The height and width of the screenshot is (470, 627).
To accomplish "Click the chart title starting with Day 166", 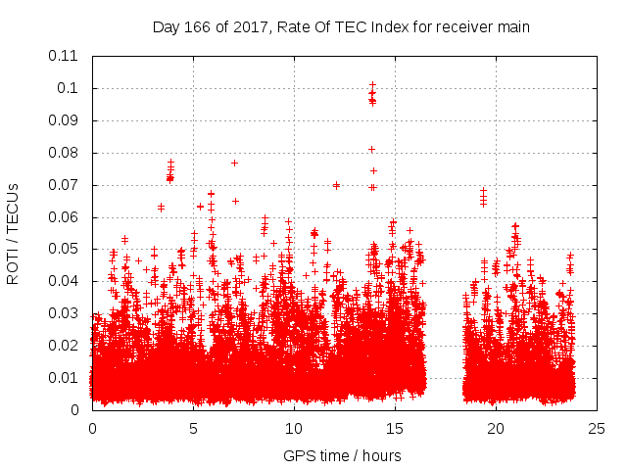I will [x=341, y=27].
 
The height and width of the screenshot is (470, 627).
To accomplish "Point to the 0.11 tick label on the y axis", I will [x=63, y=56].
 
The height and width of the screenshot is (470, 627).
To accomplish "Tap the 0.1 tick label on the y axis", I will [x=67, y=88].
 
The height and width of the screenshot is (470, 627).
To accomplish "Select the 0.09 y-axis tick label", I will [x=63, y=120].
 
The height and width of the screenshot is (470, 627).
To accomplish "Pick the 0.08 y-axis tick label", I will [x=63, y=153].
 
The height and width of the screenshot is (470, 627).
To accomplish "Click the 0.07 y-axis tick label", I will [x=63, y=185].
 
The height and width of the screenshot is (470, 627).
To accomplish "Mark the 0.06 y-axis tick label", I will [x=63, y=216].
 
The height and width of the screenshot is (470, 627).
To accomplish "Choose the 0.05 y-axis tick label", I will [x=63, y=249].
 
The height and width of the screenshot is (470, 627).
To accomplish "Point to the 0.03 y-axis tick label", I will [x=63, y=313].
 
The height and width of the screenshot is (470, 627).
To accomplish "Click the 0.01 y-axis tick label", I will [x=63, y=378].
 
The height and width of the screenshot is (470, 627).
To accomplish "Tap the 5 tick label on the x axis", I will [x=193, y=429].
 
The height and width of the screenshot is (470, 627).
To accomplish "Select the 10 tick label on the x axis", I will [x=294, y=429].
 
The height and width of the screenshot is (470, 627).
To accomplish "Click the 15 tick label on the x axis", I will [x=395, y=429].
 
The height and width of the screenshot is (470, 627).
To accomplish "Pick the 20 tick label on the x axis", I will [x=496, y=429].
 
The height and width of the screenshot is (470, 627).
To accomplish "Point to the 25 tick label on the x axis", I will [x=597, y=429].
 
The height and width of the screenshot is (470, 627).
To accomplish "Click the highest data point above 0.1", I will [x=372, y=85].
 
